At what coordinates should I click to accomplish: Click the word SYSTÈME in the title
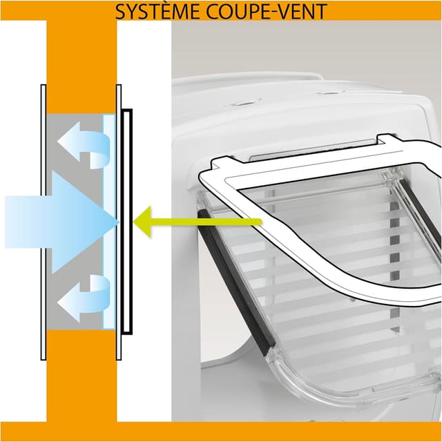[158, 12]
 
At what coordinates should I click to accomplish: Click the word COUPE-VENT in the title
[267, 12]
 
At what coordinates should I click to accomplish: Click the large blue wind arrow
[62, 222]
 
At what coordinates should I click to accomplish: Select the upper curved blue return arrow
[84, 145]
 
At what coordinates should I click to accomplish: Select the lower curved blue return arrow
[84, 298]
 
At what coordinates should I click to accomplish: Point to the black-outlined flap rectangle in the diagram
[127, 222]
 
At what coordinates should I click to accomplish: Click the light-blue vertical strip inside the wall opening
[109, 222]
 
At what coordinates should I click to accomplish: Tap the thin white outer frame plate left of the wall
[44, 222]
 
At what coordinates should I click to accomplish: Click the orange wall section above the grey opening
[81, 67]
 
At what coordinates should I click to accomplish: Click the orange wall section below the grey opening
[81, 376]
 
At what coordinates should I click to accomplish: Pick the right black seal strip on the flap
[420, 213]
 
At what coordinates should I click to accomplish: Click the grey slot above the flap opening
[313, 150]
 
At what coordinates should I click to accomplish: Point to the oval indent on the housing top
[246, 103]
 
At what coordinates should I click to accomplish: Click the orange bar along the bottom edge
[221, 431]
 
